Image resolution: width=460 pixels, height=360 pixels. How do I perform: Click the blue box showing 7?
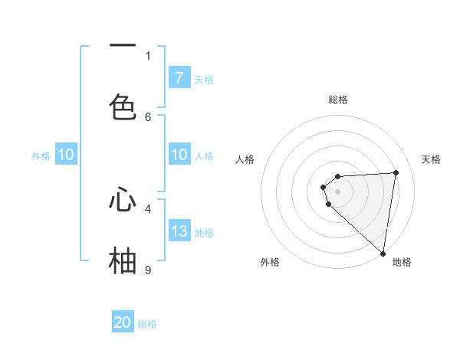coord(179,77)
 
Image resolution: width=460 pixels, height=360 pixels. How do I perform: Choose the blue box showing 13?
coord(179,231)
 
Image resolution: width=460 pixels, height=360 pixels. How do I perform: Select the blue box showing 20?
coord(123,322)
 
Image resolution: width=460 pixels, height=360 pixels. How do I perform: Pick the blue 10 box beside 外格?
coord(66,155)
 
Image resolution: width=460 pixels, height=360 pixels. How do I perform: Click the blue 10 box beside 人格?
coord(179,155)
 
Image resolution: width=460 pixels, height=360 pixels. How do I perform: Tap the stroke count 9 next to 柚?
coord(148,270)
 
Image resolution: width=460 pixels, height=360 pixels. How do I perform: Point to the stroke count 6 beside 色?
coord(148,116)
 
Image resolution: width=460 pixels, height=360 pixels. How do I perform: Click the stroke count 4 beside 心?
coord(148,208)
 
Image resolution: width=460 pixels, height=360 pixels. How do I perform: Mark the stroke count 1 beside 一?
coord(148,55)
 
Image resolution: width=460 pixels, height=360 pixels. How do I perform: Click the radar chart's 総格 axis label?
coord(338,100)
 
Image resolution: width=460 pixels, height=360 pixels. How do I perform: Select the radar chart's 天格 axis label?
coord(432,159)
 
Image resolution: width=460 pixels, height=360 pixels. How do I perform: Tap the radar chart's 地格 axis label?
coord(402,262)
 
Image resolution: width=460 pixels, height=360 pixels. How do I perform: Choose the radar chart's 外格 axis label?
coord(269,262)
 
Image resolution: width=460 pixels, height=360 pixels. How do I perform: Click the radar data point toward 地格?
coord(383,253)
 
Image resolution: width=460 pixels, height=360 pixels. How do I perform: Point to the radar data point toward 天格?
coord(396,172)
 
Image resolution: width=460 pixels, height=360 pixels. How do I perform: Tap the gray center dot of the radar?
coord(338,191)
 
